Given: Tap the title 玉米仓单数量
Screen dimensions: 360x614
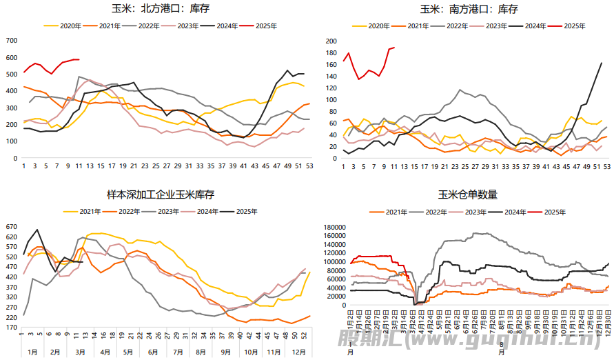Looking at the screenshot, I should tap(469, 195).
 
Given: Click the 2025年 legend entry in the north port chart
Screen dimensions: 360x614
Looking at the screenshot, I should tap(266, 26).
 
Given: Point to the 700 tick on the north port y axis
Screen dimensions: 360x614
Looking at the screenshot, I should tap(11, 41).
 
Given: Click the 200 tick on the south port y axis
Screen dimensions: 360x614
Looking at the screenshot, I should tap(331, 41).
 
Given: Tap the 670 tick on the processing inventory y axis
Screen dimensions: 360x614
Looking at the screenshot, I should tap(11, 226).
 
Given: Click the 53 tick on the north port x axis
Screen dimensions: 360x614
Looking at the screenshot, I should tap(309, 166).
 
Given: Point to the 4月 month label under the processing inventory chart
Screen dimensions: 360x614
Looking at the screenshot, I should tap(105, 352).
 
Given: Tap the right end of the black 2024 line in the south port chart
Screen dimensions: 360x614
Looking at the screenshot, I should tap(602, 63).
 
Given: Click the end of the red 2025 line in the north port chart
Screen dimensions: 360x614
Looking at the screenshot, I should tap(79, 59).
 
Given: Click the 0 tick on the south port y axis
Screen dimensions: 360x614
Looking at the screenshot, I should tap(336, 158).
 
